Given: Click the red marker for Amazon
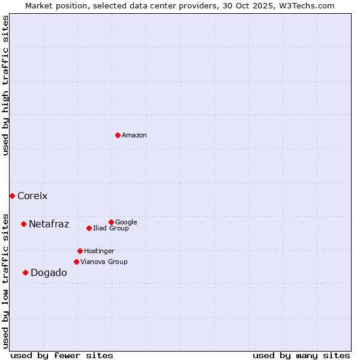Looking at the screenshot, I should pyautogui.click(x=118, y=135).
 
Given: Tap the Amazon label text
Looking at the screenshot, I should pyautogui.click(x=134, y=136).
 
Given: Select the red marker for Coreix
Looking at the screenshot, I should pyautogui.click(x=12, y=196).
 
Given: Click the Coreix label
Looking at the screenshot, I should pyautogui.click(x=32, y=196).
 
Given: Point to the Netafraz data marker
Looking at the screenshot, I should pyautogui.click(x=23, y=224).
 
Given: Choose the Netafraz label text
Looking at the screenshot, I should pyautogui.click(x=49, y=224).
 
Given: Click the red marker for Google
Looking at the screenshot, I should pyautogui.click(x=111, y=222).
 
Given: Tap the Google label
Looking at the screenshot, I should pyautogui.click(x=126, y=223).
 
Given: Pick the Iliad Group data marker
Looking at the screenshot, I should pyautogui.click(x=89, y=228).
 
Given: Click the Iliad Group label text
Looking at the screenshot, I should pyautogui.click(x=111, y=229).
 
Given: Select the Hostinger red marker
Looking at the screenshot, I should pyautogui.click(x=80, y=251).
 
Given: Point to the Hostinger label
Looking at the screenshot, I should pyautogui.click(x=99, y=251).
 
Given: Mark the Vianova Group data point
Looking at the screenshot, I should pyautogui.click(x=76, y=262).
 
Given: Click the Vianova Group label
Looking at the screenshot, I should pyautogui.click(x=104, y=262).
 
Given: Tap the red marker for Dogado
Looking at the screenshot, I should pyautogui.click(x=25, y=272).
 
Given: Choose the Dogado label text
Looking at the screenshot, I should pyautogui.click(x=49, y=273).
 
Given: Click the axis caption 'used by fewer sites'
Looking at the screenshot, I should pyautogui.click(x=62, y=355).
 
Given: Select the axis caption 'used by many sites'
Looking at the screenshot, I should pyautogui.click(x=301, y=355).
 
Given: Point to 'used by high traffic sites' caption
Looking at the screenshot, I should pyautogui.click(x=6, y=85).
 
